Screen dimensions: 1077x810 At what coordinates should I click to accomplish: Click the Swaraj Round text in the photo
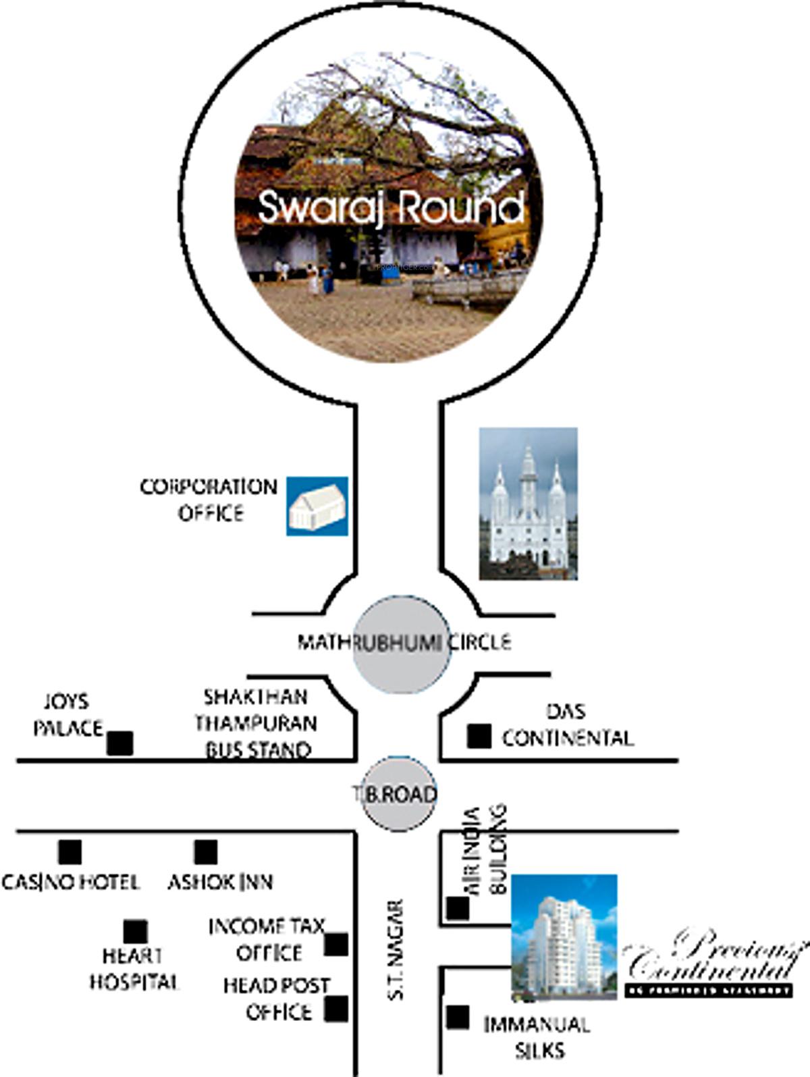click(x=391, y=207)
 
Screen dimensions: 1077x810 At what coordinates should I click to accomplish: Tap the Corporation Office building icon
click(x=317, y=506)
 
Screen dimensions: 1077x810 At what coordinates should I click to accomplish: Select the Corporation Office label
click(x=209, y=500)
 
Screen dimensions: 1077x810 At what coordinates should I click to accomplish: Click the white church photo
click(x=528, y=504)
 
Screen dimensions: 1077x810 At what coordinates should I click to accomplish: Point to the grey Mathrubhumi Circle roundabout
click(x=401, y=643)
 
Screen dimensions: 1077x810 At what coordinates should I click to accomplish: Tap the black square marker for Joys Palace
click(x=120, y=743)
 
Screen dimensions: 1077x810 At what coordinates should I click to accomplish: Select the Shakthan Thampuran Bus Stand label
click(x=256, y=723)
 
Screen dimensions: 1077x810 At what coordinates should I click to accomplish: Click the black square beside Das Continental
click(x=479, y=736)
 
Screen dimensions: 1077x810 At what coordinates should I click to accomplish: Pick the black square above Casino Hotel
click(x=70, y=852)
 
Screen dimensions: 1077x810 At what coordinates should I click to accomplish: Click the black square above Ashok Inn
click(x=206, y=852)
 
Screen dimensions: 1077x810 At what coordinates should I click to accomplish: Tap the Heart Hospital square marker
click(x=135, y=932)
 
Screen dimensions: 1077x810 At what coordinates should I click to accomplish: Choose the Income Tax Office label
click(x=267, y=939)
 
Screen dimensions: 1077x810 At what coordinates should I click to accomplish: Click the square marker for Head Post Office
click(x=336, y=1009)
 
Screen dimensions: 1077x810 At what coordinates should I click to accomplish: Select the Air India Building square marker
click(x=458, y=908)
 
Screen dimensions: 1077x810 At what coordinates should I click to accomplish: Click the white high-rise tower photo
click(x=564, y=937)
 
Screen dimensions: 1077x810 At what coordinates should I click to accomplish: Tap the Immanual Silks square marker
click(x=458, y=1018)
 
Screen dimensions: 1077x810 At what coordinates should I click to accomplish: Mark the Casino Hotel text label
click(x=70, y=882)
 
